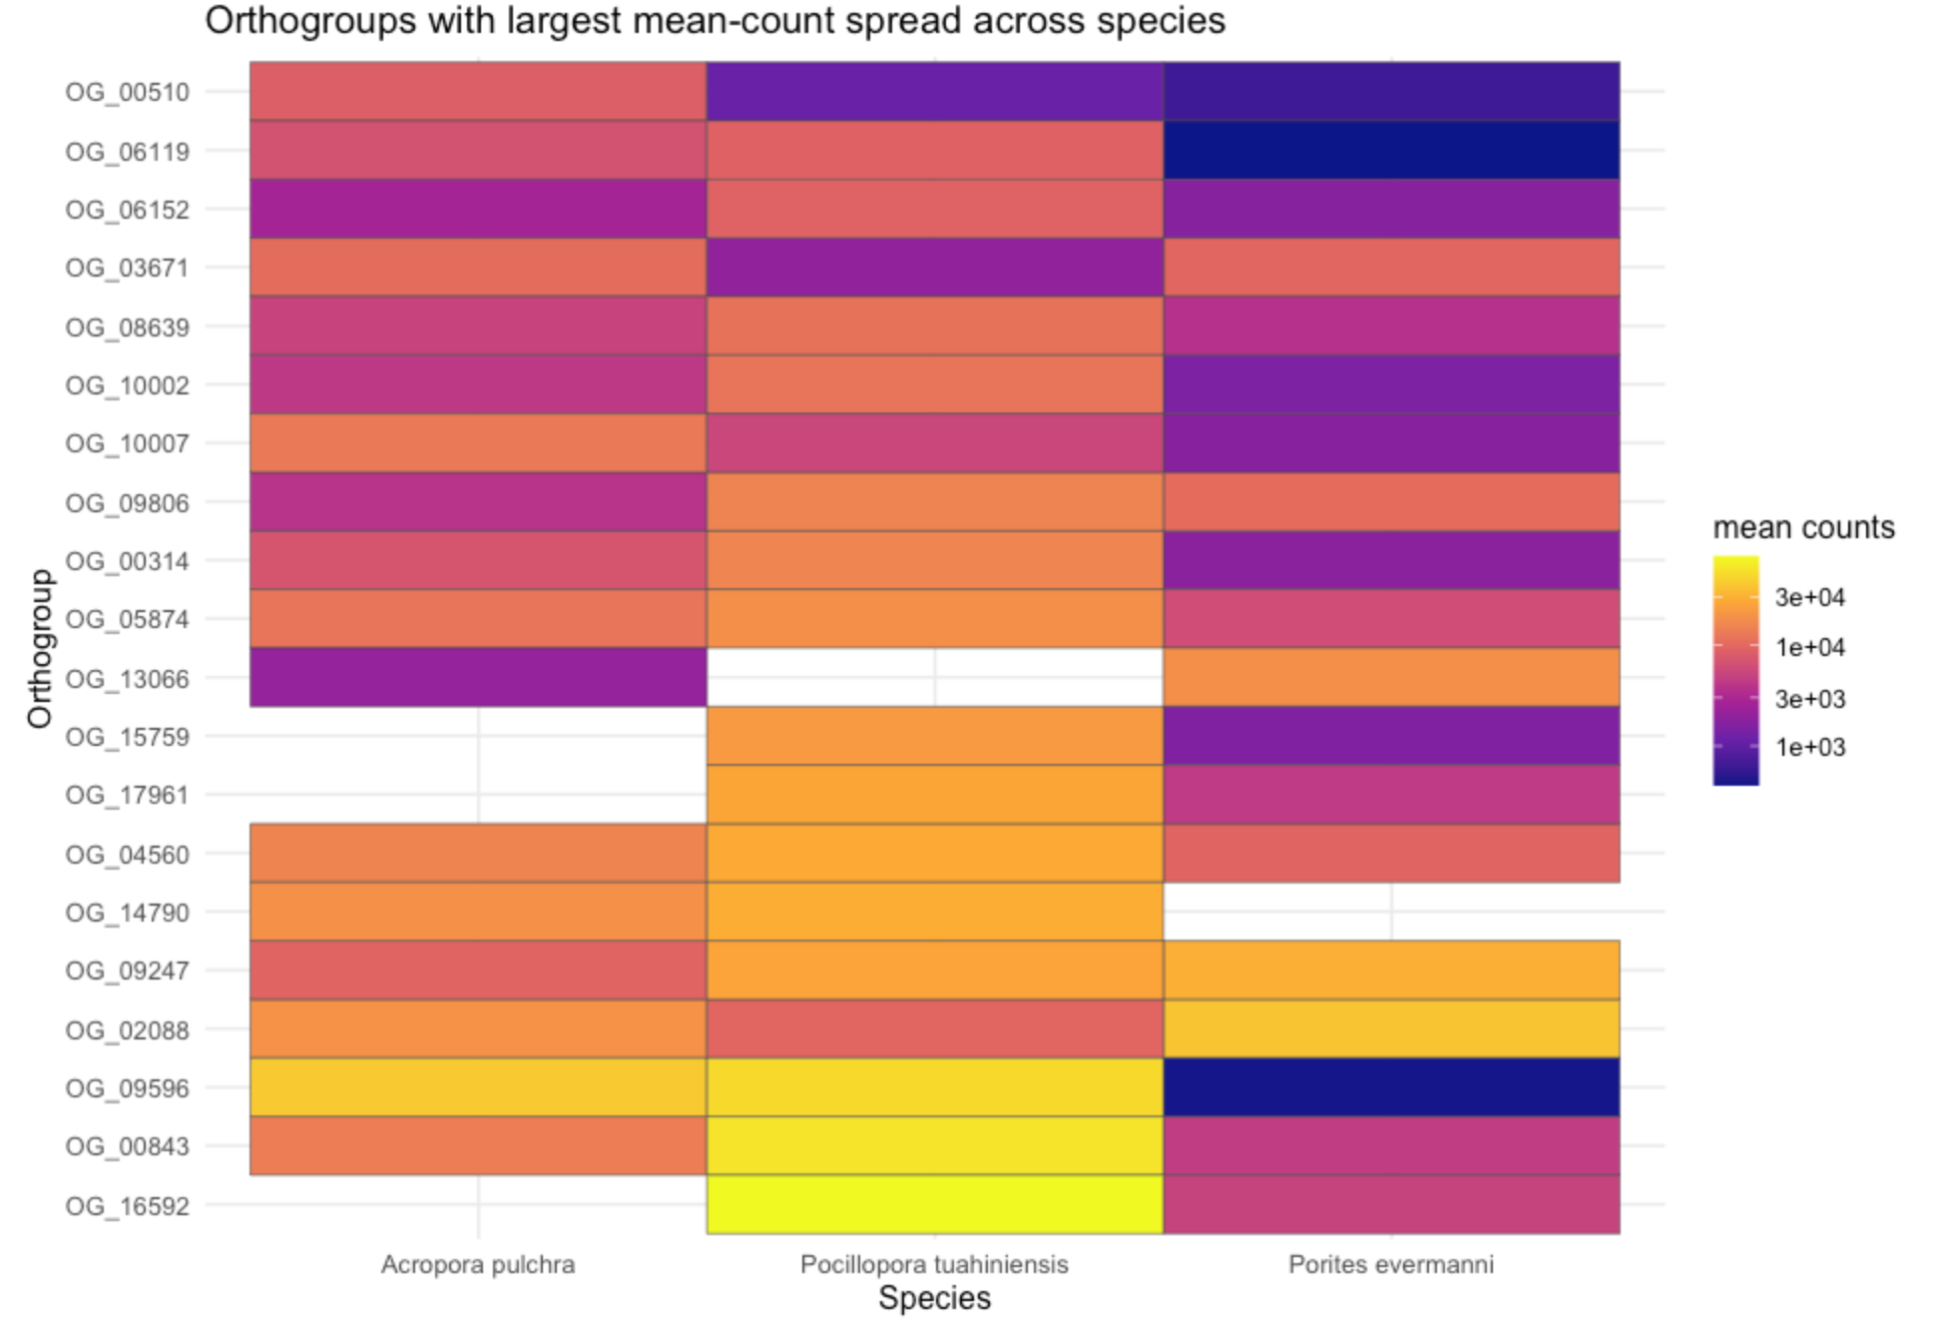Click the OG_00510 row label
[127, 92]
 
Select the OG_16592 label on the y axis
[127, 1206]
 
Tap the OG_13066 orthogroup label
[127, 679]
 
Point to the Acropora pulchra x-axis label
[478, 1265]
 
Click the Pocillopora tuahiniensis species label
[934, 1265]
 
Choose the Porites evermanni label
[1391, 1265]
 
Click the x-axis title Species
[934, 1298]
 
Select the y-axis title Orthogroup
[40, 649]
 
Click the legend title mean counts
[1803, 527]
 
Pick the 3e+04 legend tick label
[1810, 598]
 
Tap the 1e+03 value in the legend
[1810, 748]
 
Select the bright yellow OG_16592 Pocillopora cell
[934, 1204]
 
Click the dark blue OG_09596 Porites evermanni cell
[1391, 1087]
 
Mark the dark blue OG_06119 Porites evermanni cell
[1391, 151]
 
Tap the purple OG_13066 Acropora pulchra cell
[478, 677]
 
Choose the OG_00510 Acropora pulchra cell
[478, 92]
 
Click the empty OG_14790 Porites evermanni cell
[1391, 912]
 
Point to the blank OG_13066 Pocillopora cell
[934, 677]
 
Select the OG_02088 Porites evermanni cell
[1391, 1028]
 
